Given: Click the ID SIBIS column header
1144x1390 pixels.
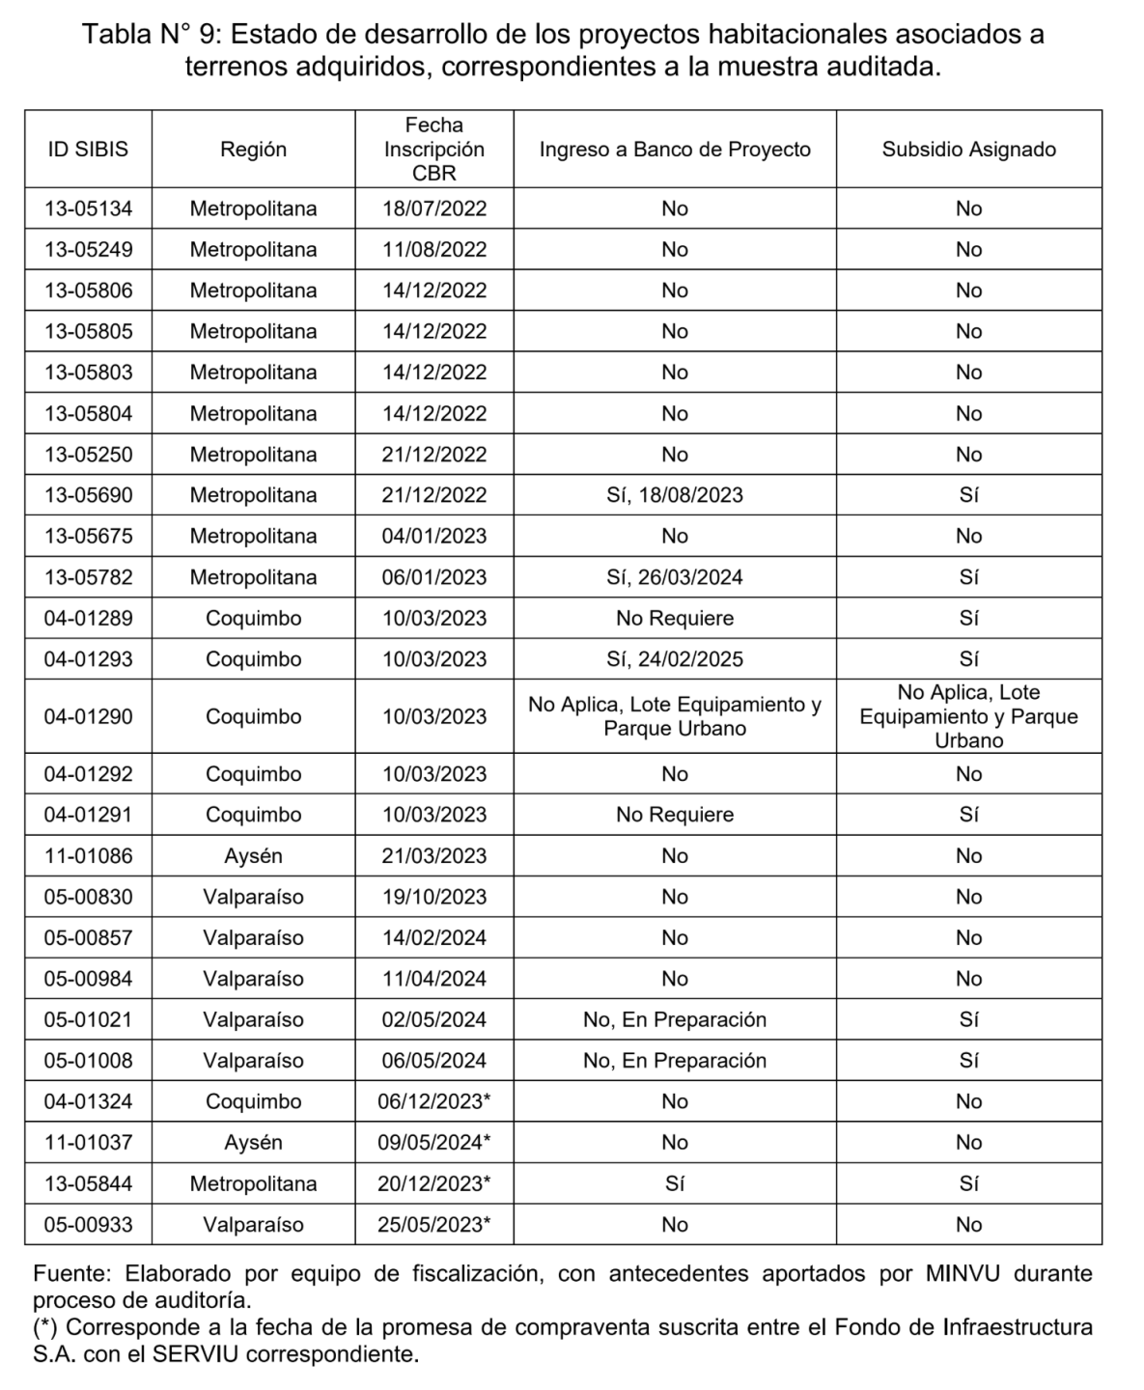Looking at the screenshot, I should [88, 150].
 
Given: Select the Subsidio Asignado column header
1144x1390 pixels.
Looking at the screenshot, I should [968, 150].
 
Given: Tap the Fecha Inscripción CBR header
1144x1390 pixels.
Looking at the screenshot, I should [434, 150].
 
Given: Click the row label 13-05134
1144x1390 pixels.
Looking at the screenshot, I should [88, 208].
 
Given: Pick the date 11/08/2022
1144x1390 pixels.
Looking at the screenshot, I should [434, 250].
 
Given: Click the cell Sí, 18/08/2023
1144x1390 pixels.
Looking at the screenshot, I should [675, 495].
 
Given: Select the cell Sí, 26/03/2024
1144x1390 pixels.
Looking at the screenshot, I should [675, 577].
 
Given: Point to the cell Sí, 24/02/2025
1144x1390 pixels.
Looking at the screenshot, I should [675, 659].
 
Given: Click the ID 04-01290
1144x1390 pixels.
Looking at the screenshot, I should [88, 716].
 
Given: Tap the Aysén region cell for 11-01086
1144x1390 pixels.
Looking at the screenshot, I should [253, 856].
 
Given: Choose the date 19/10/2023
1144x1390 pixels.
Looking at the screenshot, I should [434, 897].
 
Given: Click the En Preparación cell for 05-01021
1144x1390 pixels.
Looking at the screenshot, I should [675, 1019].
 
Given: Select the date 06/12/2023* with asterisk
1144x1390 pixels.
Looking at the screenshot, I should [434, 1101].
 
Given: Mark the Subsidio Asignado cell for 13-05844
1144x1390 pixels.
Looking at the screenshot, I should [968, 1183].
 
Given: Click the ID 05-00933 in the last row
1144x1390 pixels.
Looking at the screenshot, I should [88, 1225].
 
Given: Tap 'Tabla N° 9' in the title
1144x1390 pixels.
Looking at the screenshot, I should [152, 35].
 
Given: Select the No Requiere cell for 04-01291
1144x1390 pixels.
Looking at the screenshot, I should [675, 815].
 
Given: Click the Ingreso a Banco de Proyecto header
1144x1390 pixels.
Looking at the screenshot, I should [675, 150].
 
